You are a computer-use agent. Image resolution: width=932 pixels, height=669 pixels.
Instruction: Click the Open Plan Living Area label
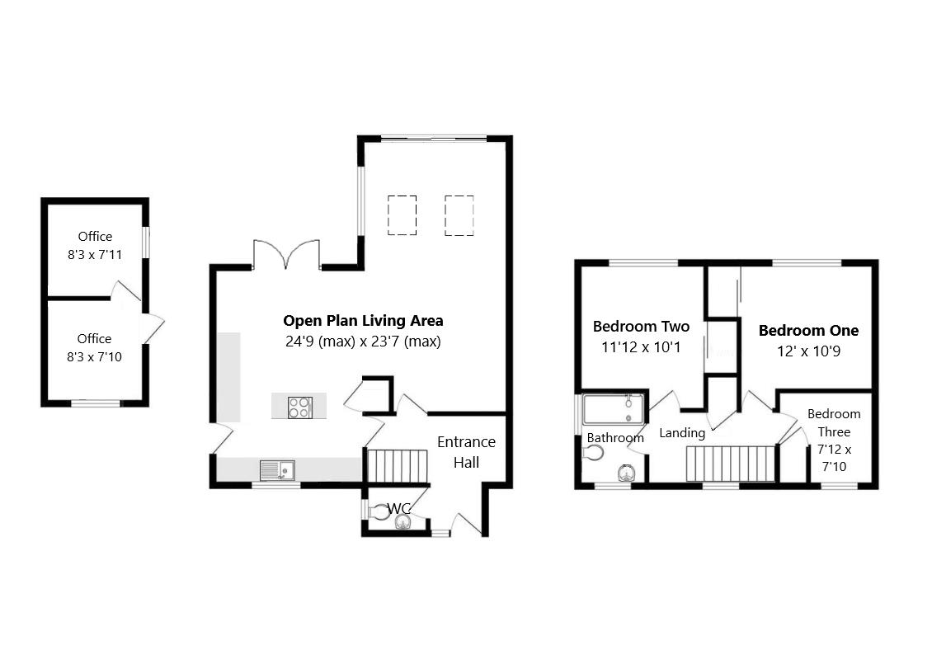tap(363, 321)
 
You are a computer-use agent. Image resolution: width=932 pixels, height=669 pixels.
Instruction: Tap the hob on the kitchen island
tap(299, 406)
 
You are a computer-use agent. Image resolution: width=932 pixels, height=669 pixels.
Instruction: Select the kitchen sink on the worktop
tap(278, 470)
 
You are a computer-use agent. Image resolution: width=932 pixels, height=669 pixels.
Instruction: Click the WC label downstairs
tap(399, 507)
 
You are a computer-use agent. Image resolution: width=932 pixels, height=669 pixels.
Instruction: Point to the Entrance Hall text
tap(466, 452)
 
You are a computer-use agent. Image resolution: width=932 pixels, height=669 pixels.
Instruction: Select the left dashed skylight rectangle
tap(402, 214)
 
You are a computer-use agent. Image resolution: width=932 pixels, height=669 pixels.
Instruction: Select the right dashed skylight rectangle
tap(459, 214)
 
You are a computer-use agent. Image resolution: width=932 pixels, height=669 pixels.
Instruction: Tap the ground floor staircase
tap(398, 466)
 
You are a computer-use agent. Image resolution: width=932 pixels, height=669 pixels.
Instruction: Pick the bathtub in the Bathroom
tap(613, 408)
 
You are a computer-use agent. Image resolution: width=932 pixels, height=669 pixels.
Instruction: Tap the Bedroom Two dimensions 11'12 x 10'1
tap(641, 347)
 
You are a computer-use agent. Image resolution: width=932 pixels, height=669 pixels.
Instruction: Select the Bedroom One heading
tap(808, 331)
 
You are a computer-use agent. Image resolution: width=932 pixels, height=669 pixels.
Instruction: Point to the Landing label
tap(682, 433)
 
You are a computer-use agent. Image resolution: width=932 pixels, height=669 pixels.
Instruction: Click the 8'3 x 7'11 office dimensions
tap(95, 255)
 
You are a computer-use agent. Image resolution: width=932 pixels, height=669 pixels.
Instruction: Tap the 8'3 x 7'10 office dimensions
tap(94, 357)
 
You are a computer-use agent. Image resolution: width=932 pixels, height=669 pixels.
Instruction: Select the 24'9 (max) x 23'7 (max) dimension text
tap(362, 341)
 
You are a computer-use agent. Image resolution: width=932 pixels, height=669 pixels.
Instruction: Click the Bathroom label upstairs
tap(615, 437)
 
